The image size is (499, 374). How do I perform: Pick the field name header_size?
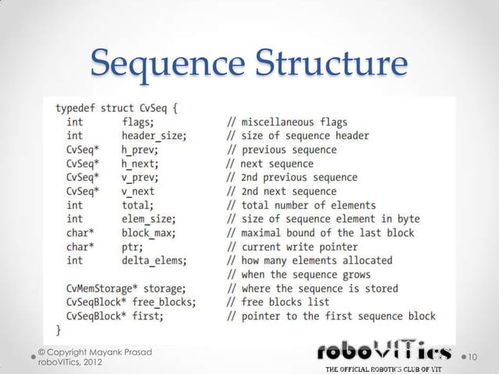[x=153, y=135]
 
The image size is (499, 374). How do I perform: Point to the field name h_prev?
[x=140, y=149]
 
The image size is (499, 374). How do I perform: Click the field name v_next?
[x=138, y=191]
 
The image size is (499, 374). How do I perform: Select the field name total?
[x=138, y=204]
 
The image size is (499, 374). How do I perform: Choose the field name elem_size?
[x=149, y=218]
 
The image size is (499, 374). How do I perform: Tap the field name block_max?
[x=149, y=232]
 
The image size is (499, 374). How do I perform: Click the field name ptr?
[x=132, y=246]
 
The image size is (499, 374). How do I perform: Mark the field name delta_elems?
[x=154, y=260]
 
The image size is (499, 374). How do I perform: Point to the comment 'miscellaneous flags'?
[x=287, y=122]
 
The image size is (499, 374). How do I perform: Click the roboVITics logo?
[x=383, y=355]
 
